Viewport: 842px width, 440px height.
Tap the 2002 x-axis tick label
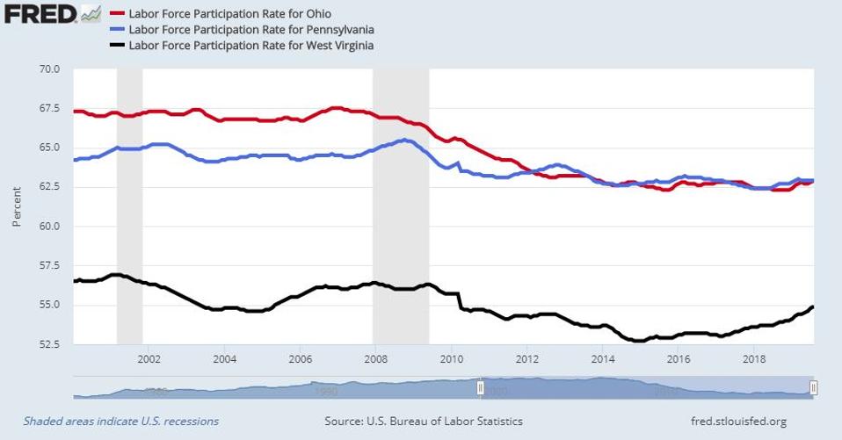149,359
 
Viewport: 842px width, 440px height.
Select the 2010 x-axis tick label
451,359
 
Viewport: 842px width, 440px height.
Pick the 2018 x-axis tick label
753,359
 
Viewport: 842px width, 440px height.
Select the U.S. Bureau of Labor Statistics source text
424,422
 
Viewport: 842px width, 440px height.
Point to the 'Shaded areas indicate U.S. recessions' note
121,422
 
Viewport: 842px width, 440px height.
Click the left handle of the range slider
481,387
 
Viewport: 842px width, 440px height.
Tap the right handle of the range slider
814,387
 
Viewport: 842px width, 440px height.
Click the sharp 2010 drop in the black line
461,300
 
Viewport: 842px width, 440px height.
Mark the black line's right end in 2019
812,307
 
